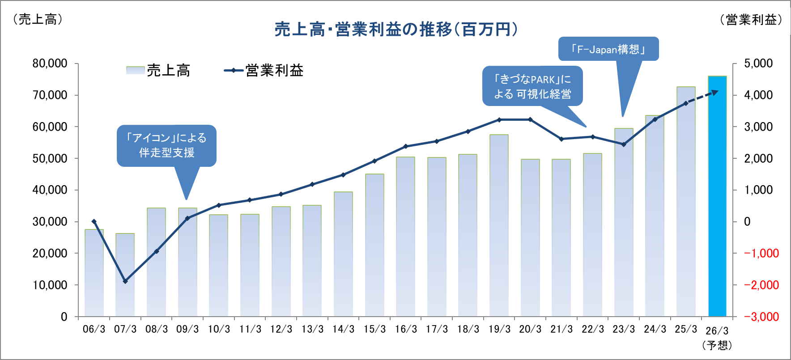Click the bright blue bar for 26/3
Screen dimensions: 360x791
[x=717, y=197]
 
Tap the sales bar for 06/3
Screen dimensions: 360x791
[x=94, y=273]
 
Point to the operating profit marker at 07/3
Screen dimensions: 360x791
[x=125, y=281]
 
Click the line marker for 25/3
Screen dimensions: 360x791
[x=686, y=103]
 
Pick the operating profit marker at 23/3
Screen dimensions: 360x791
[x=624, y=144]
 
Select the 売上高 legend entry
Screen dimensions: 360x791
[x=159, y=71]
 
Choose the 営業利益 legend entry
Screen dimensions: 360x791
[x=264, y=71]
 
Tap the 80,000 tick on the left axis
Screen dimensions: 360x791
[x=50, y=64]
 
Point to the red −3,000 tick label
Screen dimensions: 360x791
[x=761, y=317]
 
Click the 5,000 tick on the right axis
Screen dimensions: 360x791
[x=758, y=64]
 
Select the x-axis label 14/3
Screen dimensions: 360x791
[x=343, y=330]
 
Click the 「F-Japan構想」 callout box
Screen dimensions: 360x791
[x=608, y=49]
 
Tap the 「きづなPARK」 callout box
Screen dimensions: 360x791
[x=532, y=86]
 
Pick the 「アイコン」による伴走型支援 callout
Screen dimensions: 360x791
[x=166, y=145]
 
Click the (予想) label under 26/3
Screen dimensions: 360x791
[x=717, y=345]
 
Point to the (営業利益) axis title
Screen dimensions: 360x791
[x=751, y=20]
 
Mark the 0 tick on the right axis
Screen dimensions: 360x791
[x=747, y=222]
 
